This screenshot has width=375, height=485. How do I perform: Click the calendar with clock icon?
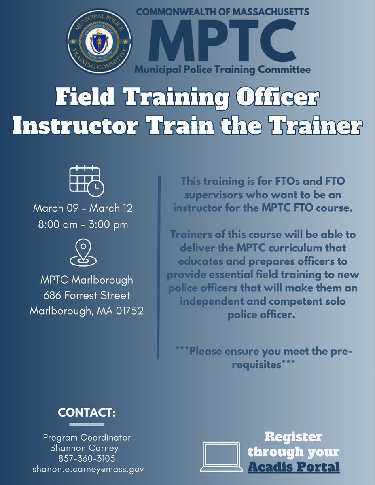(x=86, y=180)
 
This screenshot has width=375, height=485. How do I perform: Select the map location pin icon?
(x=83, y=252)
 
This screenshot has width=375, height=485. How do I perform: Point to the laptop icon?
(x=220, y=457)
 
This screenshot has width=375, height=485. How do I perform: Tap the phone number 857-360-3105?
(x=87, y=458)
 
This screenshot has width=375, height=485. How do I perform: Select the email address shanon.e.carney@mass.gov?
(x=88, y=469)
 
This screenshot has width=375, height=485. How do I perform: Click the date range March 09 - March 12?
(x=83, y=208)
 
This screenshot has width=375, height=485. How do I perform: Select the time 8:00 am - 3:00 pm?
(x=83, y=224)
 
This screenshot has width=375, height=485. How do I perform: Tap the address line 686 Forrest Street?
(x=87, y=295)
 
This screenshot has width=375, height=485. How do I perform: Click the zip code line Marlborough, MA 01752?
(x=87, y=311)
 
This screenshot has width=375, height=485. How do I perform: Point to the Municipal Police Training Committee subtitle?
(x=222, y=70)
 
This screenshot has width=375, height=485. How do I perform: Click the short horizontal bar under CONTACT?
(x=87, y=424)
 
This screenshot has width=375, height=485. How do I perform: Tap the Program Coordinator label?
(x=87, y=437)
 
